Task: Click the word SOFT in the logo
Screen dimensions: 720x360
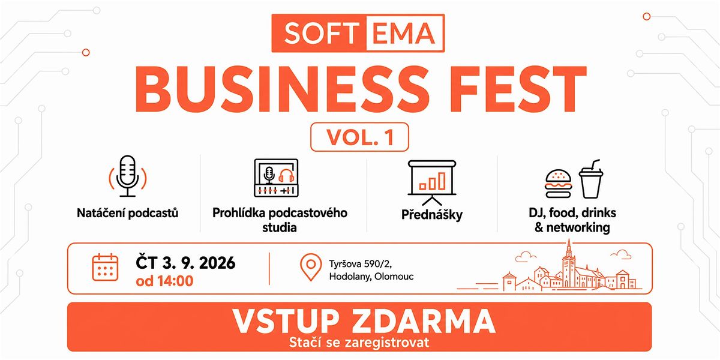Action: click(322, 33)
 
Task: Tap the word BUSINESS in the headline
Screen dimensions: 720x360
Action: click(282, 89)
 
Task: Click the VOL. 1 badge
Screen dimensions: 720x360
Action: click(359, 137)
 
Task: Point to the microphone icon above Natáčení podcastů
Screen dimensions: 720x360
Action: click(128, 176)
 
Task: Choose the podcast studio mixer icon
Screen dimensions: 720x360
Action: click(276, 178)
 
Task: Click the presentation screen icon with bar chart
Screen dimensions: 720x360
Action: click(432, 182)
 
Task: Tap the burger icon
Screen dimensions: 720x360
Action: click(559, 184)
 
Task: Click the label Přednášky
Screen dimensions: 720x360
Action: click(431, 215)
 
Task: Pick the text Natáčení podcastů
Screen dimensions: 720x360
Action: click(127, 213)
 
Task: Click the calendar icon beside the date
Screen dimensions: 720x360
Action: click(105, 268)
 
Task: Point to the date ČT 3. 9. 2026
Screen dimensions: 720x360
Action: click(185, 263)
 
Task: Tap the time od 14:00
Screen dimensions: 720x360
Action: click(164, 281)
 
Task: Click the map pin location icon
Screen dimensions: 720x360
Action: click(311, 268)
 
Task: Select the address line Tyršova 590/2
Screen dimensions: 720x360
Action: click(360, 264)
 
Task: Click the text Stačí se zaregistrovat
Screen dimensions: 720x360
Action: click(359, 343)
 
